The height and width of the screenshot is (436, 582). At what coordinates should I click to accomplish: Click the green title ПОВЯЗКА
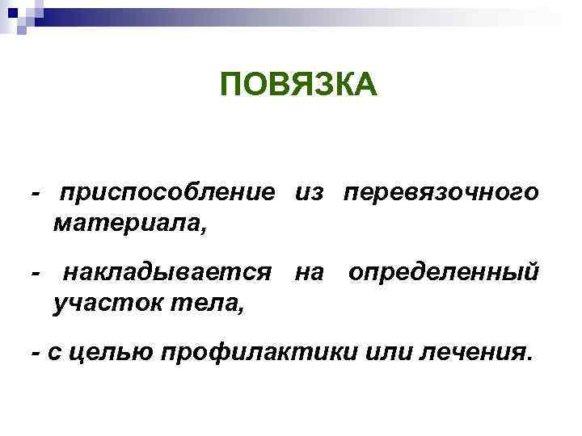[x=298, y=84]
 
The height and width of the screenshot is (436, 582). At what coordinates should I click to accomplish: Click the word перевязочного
[x=441, y=195]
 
